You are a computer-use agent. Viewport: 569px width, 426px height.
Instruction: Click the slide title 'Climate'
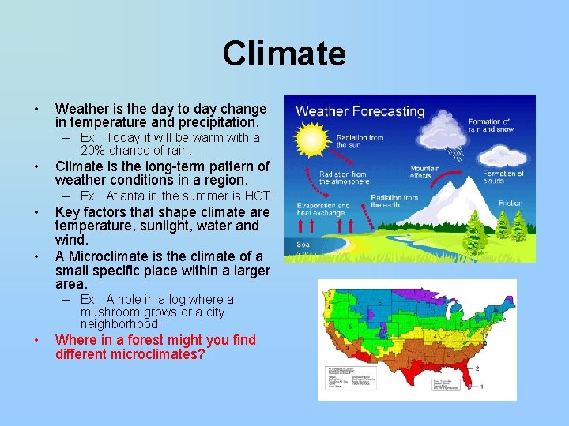pos(284,54)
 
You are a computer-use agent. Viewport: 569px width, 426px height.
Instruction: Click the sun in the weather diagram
pos(313,144)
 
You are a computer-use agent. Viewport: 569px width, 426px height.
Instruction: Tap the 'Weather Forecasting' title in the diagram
pos(360,111)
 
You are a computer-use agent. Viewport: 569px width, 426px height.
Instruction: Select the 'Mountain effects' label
pos(424,173)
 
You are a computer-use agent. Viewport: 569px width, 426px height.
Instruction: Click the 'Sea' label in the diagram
pos(303,245)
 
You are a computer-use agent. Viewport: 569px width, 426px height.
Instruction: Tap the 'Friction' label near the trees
pos(510,203)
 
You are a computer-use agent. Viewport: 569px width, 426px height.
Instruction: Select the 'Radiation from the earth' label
pos(394,202)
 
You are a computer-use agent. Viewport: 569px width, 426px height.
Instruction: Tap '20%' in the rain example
pos(95,150)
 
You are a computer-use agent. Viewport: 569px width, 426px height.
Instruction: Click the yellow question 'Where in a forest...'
pos(155,347)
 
